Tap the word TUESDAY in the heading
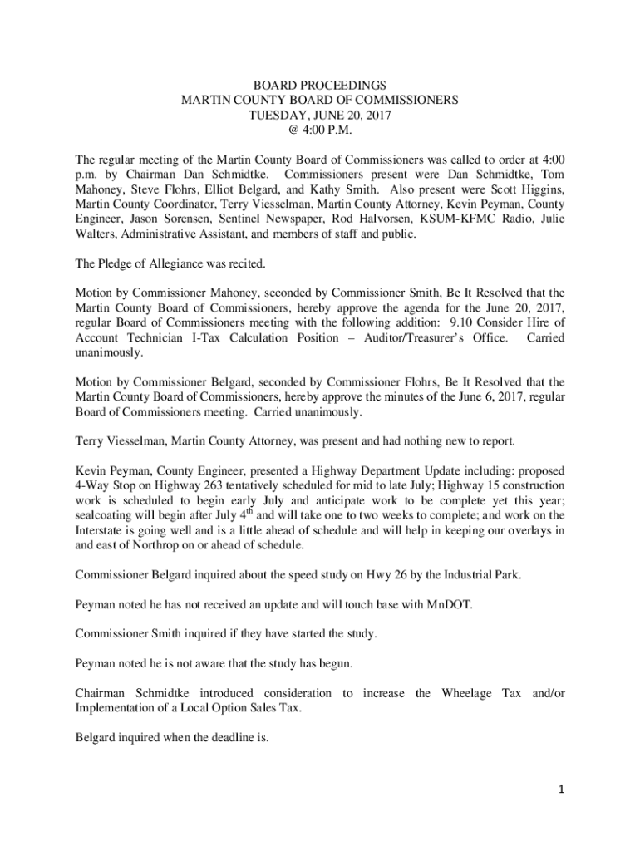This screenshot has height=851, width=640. tap(277, 115)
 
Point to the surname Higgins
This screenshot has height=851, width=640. tap(537, 189)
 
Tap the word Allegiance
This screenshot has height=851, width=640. tap(172, 264)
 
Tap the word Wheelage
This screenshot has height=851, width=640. tap(470, 693)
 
